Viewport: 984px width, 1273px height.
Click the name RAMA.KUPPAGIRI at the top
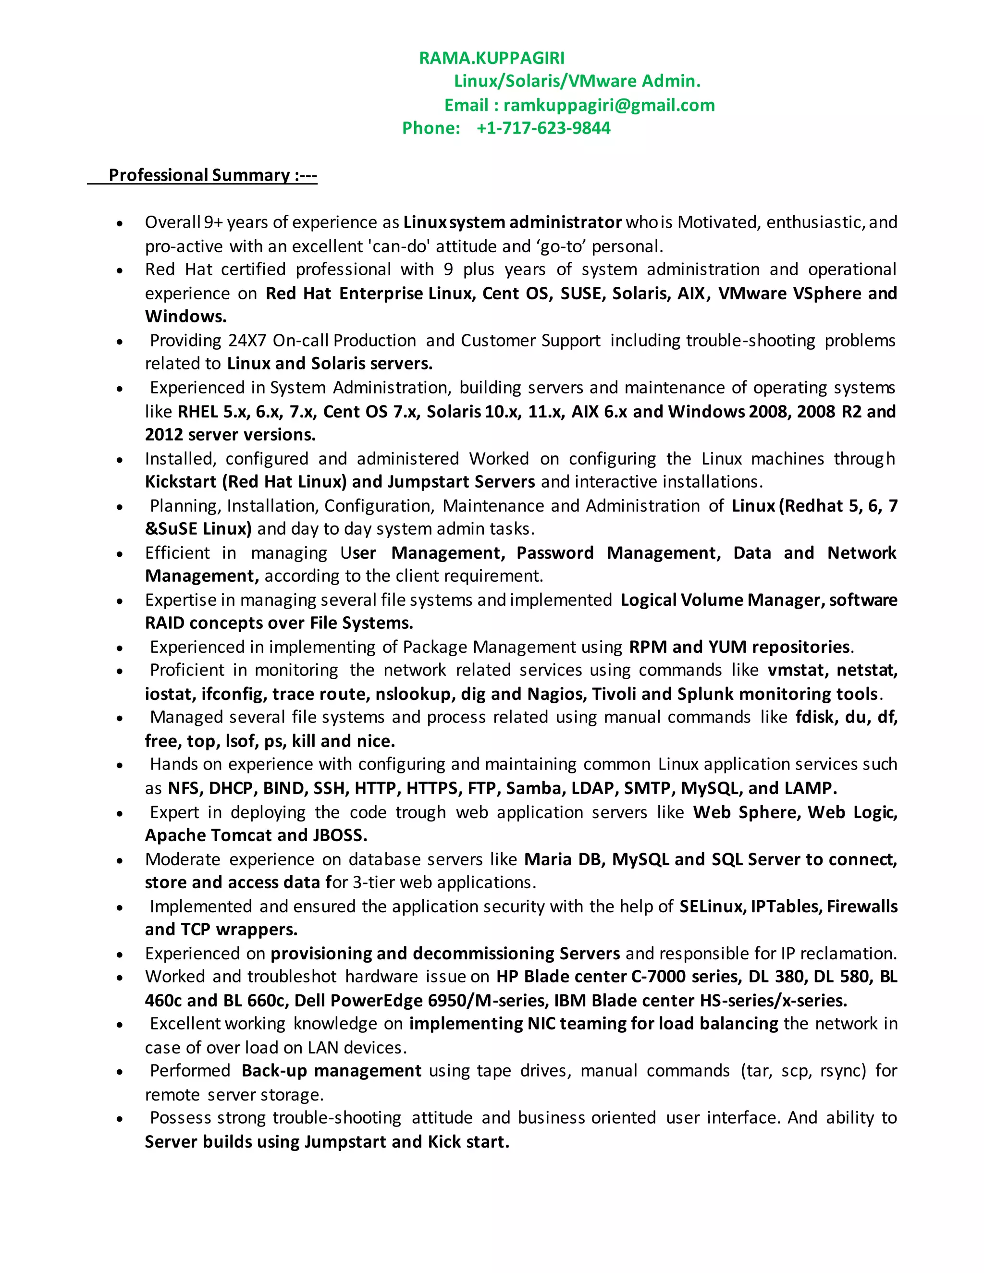[x=492, y=58]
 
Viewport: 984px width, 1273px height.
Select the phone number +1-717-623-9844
[x=543, y=128]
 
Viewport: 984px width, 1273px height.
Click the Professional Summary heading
[x=212, y=175]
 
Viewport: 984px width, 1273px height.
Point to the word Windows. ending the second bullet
[x=185, y=317]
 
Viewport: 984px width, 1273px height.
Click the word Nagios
[x=555, y=694]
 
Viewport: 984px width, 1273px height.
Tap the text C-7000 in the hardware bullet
[x=659, y=977]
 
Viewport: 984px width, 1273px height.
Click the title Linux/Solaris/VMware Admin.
[x=577, y=81]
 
